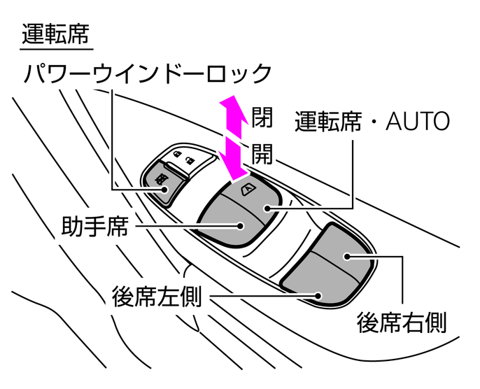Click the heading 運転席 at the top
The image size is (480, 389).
tap(56, 34)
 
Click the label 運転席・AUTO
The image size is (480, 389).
tap(372, 122)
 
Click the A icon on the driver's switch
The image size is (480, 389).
tap(247, 188)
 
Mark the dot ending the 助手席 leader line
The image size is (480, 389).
tap(240, 226)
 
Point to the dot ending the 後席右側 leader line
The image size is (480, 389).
tap(348, 257)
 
